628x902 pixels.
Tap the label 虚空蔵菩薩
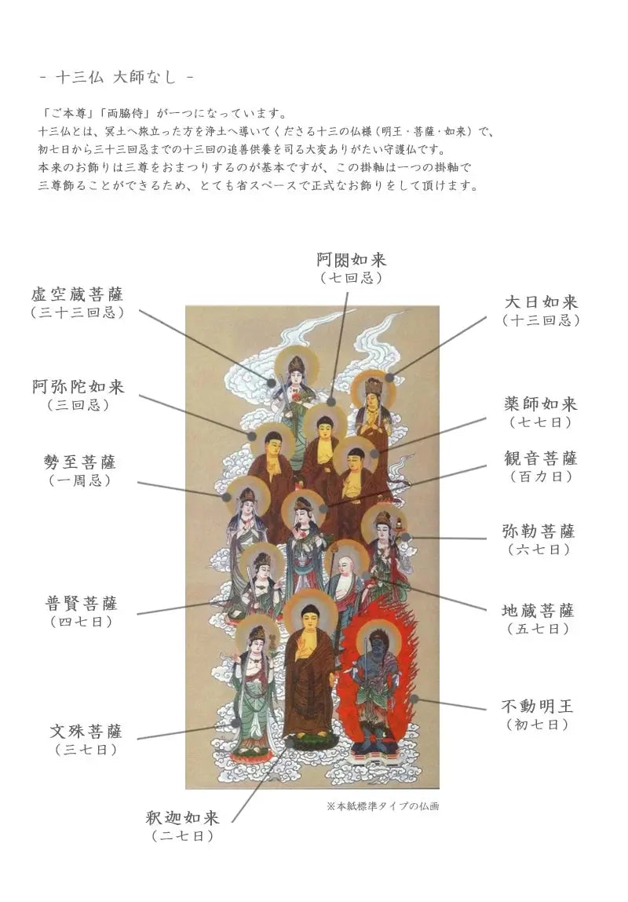pyautogui.click(x=78, y=294)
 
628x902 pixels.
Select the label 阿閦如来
pyautogui.click(x=352, y=259)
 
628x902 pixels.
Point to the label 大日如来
pyautogui.click(x=541, y=302)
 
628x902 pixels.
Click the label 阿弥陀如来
pyautogui.click(x=78, y=386)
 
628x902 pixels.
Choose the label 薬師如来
pyautogui.click(x=541, y=404)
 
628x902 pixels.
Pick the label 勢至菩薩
pyautogui.click(x=79, y=462)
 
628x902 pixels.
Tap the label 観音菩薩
pyautogui.click(x=541, y=458)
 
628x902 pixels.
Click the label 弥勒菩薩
pyautogui.click(x=539, y=531)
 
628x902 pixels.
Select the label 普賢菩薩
pyautogui.click(x=82, y=604)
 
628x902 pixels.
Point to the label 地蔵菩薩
pyautogui.click(x=539, y=610)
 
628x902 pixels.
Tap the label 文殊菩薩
pyautogui.click(x=86, y=731)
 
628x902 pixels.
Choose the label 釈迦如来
pyautogui.click(x=183, y=817)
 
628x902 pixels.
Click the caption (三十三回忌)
pyautogui.click(x=78, y=313)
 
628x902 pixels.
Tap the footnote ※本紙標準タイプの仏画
pyautogui.click(x=382, y=806)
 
